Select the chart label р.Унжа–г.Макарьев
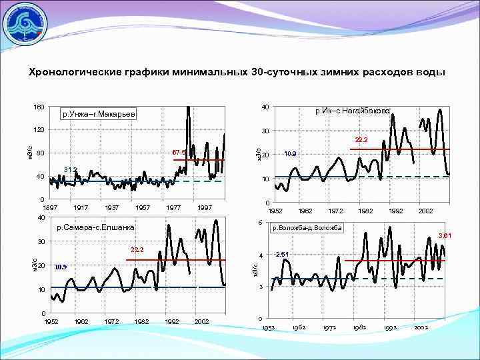[x=98, y=115]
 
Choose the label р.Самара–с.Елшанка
[x=95, y=227]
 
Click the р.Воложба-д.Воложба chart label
[x=307, y=227]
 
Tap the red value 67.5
[x=179, y=153]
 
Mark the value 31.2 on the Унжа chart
[x=70, y=169]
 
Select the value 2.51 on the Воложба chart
[x=282, y=253]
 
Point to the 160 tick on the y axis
[x=39, y=107]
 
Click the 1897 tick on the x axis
[x=50, y=208]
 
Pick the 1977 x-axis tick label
[x=173, y=208]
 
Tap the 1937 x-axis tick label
[x=111, y=208]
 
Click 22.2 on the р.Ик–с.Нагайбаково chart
[x=361, y=141]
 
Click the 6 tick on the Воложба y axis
[x=259, y=222]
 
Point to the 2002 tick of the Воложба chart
[x=421, y=328]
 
